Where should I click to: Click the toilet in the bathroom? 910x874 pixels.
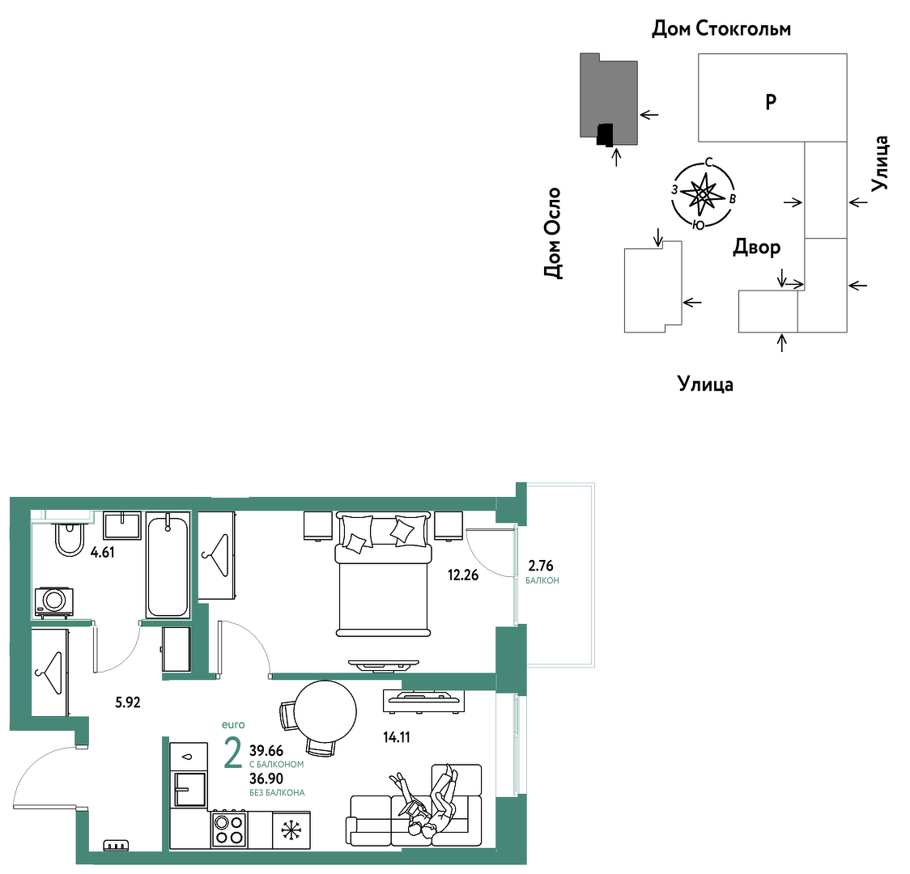pyautogui.click(x=70, y=538)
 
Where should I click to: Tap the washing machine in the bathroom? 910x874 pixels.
pyautogui.click(x=54, y=602)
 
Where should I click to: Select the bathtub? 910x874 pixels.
pyautogui.click(x=168, y=565)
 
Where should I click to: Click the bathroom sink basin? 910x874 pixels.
pyautogui.click(x=122, y=525)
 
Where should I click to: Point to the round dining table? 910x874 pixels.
pyautogui.click(x=325, y=712)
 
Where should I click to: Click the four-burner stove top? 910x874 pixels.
pyautogui.click(x=230, y=829)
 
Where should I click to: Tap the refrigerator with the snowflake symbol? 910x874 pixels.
pyautogui.click(x=291, y=831)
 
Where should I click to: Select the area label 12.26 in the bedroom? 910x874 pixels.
pyautogui.click(x=463, y=575)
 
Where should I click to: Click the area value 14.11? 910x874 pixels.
pyautogui.click(x=397, y=737)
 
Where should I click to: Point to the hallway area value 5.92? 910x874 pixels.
pyautogui.click(x=128, y=702)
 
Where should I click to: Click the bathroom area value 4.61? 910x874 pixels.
pyautogui.click(x=103, y=552)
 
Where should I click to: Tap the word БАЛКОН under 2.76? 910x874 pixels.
pyautogui.click(x=542, y=580)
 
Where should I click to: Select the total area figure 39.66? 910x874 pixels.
pyautogui.click(x=266, y=752)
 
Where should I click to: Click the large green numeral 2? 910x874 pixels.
pyautogui.click(x=232, y=753)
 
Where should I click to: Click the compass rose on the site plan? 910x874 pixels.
pyautogui.click(x=703, y=194)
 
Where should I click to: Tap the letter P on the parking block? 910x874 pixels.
pyautogui.click(x=771, y=102)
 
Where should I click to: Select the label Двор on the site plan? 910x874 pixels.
pyautogui.click(x=757, y=248)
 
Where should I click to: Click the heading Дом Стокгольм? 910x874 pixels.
pyautogui.click(x=721, y=28)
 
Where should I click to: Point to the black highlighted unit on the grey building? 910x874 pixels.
pyautogui.click(x=606, y=134)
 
